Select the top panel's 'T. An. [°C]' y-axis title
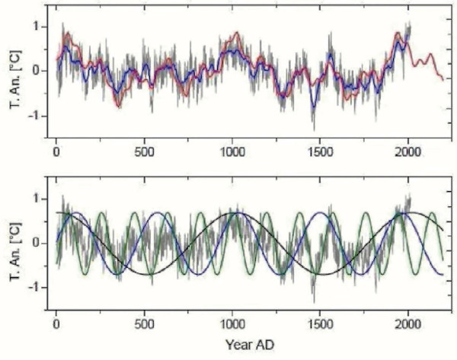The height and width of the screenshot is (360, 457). point(14,72)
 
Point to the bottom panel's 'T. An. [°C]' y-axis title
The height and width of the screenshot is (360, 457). point(14,244)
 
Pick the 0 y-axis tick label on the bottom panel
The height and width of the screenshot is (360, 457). point(36,243)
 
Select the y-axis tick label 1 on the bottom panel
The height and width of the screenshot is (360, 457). point(36,199)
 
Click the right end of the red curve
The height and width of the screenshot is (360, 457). point(443,79)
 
